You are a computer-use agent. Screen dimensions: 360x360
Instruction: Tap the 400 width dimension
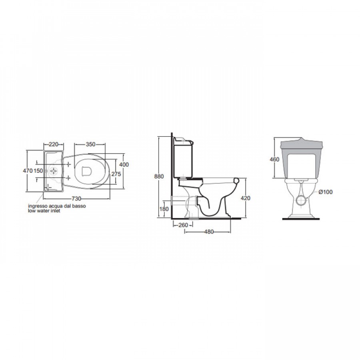point(124,165)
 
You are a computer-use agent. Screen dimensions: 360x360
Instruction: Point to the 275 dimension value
point(116,174)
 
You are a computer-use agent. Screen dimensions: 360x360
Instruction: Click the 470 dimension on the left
point(28,171)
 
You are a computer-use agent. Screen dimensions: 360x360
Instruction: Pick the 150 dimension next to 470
point(38,171)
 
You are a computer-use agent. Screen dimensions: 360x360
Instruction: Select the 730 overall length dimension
point(76,198)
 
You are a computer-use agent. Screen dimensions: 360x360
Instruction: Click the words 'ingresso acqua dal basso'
point(57,206)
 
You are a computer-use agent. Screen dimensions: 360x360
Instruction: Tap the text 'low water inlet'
point(44,210)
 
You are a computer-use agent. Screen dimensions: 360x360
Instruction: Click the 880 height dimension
point(159,176)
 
